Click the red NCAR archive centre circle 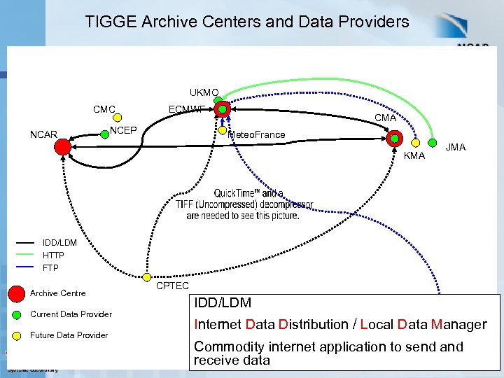click(x=62, y=146)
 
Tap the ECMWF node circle click(x=223, y=108)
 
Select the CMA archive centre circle click(x=394, y=139)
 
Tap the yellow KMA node click(x=416, y=142)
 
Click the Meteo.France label click(x=257, y=134)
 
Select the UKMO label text click(x=204, y=92)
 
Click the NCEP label click(x=123, y=130)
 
